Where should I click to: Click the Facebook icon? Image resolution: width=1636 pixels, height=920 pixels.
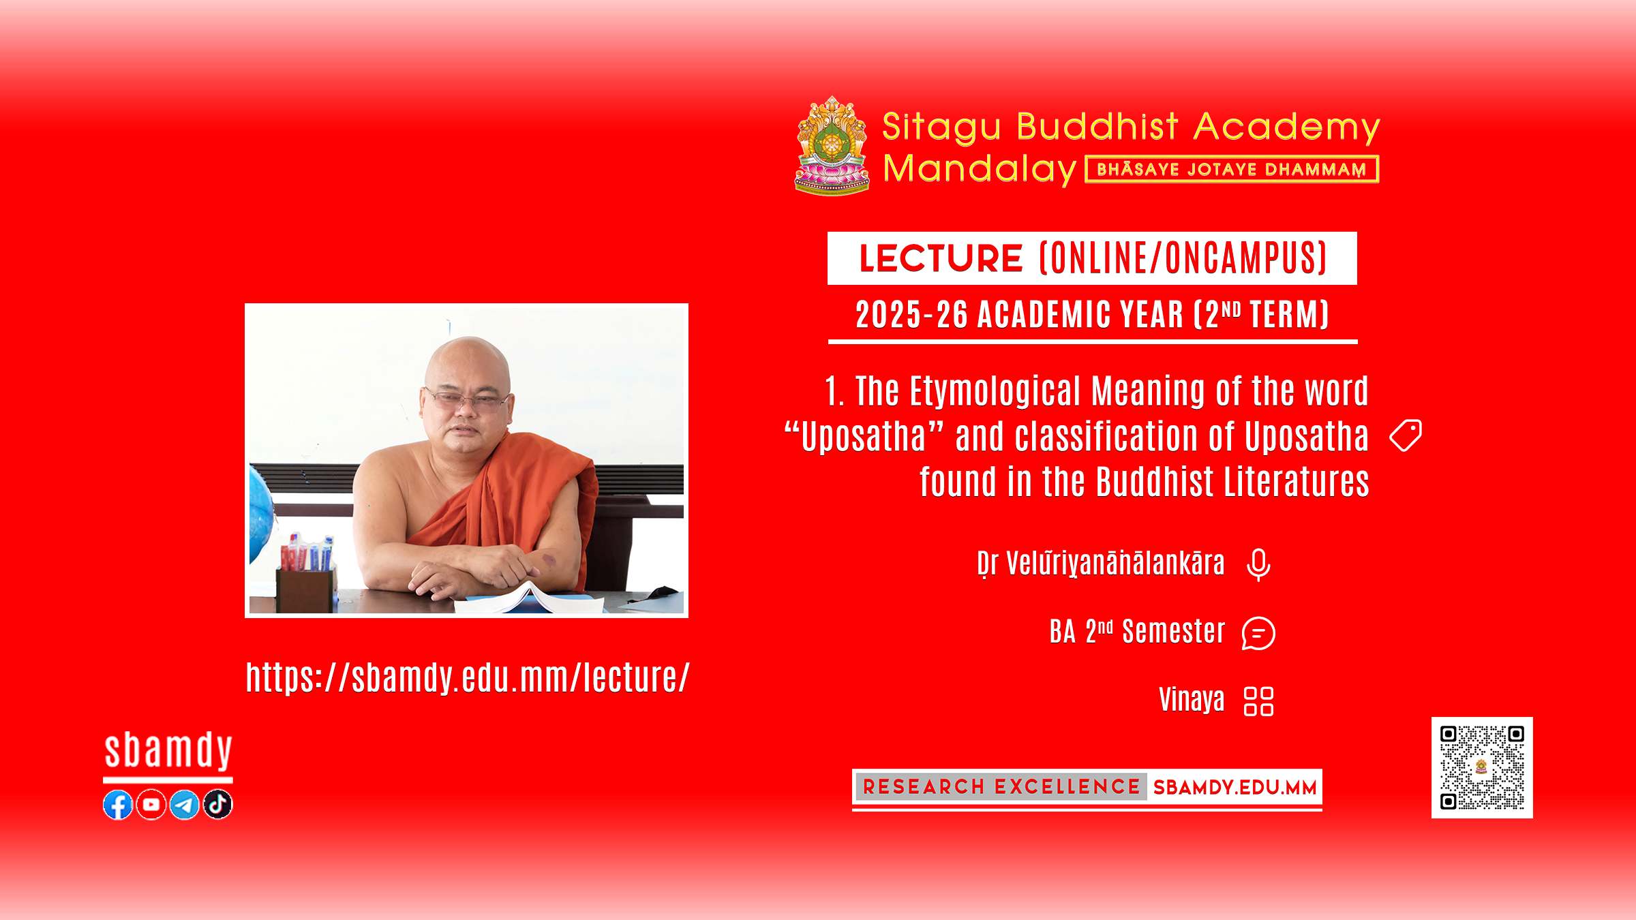click(118, 805)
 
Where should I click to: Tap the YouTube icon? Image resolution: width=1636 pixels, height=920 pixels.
click(151, 805)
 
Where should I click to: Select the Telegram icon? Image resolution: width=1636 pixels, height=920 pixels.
click(185, 805)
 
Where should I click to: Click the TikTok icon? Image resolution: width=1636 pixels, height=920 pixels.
click(218, 805)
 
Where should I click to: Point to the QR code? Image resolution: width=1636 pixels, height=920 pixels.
click(1482, 767)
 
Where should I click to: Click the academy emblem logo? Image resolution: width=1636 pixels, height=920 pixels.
click(832, 146)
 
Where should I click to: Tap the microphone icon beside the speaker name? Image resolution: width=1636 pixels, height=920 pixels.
click(1258, 564)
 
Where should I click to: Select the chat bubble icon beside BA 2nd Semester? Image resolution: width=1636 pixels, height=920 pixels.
click(1258, 633)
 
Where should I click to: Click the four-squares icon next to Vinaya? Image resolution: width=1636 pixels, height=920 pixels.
click(1258, 701)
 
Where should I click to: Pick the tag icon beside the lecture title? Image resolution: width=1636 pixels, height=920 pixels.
click(1406, 435)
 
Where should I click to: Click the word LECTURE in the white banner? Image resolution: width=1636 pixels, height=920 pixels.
click(941, 258)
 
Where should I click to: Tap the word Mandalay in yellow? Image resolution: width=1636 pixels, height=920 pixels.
click(980, 169)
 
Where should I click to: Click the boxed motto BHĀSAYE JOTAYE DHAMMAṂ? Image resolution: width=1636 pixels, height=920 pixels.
click(1232, 169)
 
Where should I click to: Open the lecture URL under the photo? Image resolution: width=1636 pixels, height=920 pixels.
click(468, 677)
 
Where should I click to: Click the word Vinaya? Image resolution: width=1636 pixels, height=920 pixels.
click(1192, 701)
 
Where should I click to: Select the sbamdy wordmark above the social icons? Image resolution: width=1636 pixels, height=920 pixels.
click(168, 752)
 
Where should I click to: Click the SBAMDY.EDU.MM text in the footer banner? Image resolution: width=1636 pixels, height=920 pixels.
click(1234, 788)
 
